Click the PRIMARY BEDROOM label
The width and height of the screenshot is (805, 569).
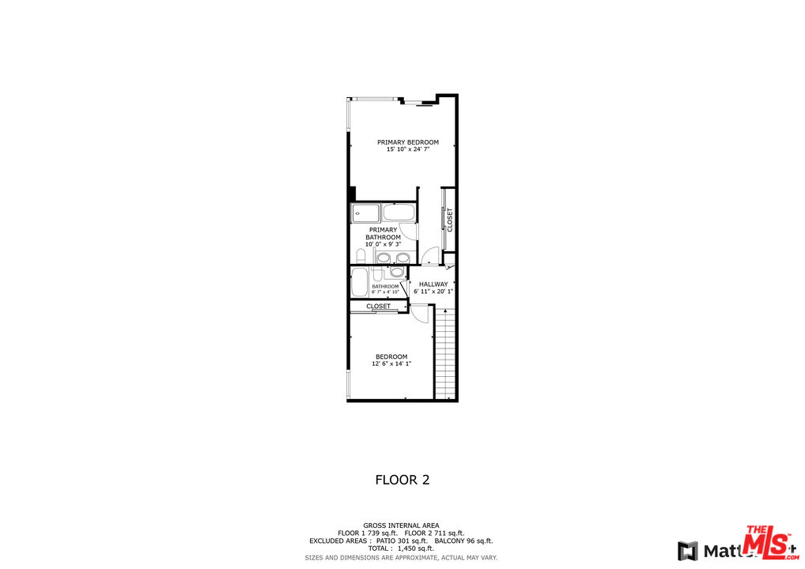tap(407, 142)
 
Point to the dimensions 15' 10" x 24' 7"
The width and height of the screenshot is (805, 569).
tap(407, 149)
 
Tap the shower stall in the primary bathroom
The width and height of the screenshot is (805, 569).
tap(365, 213)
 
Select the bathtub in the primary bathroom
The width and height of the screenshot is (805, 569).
tap(398, 213)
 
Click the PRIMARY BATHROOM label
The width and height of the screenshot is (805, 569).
tap(383, 234)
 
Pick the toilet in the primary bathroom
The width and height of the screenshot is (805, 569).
tap(361, 256)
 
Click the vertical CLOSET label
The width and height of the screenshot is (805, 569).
tap(450, 219)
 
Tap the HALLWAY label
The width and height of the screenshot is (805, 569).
tap(433, 284)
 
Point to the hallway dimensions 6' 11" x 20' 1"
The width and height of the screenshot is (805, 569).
tap(433, 292)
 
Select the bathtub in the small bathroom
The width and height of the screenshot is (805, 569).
tap(360, 282)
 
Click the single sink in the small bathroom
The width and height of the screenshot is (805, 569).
tap(396, 273)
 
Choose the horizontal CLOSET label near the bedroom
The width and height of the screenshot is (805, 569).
tap(378, 307)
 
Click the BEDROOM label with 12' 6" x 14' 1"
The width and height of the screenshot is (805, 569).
tap(391, 356)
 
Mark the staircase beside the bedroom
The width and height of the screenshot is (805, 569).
tap(446, 353)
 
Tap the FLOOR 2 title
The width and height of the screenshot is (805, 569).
tap(402, 480)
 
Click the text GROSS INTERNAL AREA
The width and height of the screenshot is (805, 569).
tap(401, 526)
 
